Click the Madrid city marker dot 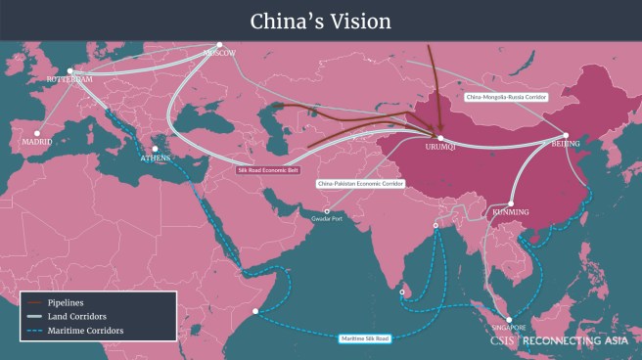click(37, 133)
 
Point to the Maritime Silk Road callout click(365, 338)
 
